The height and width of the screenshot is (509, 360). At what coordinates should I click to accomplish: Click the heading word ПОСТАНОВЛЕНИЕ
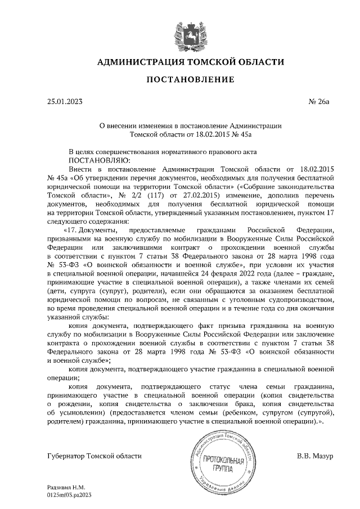pos(190,80)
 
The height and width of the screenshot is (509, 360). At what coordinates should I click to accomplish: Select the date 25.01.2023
pos(65,102)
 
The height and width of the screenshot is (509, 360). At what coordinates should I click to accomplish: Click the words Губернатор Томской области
pos(95,455)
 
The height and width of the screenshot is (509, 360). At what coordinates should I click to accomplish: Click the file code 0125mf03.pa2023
pos(70,496)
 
